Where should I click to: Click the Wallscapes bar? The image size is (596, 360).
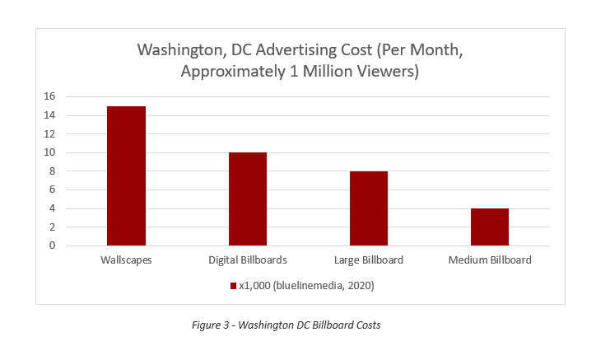[126, 175]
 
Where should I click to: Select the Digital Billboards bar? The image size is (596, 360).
[247, 199]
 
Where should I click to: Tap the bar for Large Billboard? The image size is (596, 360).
[368, 208]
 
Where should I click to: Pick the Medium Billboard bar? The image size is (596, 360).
[490, 227]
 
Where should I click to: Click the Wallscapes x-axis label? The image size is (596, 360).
[125, 260]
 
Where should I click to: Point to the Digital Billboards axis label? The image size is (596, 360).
[247, 260]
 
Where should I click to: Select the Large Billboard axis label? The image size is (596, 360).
[368, 260]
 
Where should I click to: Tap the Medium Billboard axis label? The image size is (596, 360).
[490, 260]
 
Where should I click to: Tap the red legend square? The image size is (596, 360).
[235, 287]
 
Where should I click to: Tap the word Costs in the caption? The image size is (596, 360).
[367, 325]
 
